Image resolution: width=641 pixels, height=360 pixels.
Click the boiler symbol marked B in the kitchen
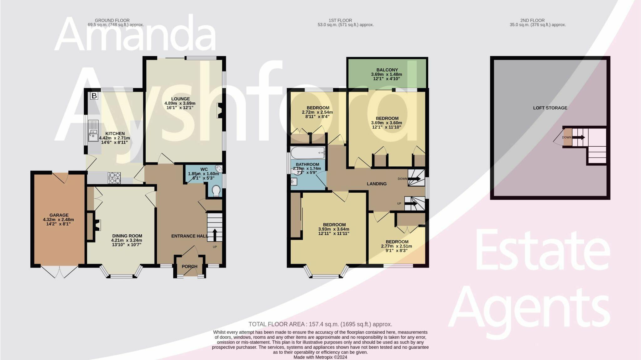[94, 96]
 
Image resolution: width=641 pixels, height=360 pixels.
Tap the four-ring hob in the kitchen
[114, 178]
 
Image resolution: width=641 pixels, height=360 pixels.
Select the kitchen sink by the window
[93, 131]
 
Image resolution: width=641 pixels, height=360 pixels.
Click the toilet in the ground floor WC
[216, 191]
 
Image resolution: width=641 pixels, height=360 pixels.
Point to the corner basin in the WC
[219, 169]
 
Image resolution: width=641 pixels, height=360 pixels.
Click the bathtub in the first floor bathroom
[308, 153]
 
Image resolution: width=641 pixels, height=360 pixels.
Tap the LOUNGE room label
[180, 99]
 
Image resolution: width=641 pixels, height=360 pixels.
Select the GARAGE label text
[59, 215]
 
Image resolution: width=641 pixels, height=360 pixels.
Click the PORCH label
[190, 266]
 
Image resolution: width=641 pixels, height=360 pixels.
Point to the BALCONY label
[387, 70]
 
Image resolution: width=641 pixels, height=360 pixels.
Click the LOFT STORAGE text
[550, 108]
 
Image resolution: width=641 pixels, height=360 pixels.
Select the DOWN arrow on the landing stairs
[414, 179]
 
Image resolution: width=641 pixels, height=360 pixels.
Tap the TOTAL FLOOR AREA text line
[320, 324]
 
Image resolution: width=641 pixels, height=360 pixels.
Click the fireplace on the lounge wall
[220, 111]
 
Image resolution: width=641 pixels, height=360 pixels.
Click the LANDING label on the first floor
[377, 184]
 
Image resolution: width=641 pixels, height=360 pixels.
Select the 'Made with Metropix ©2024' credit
[320, 357]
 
